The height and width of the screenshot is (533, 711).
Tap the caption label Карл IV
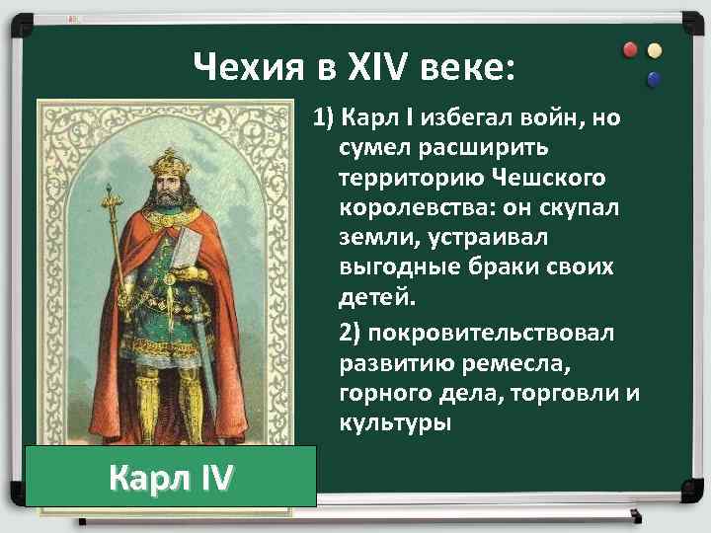click(x=171, y=477)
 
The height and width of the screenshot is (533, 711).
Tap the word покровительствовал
click(x=476, y=333)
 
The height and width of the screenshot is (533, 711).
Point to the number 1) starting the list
click(x=324, y=120)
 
